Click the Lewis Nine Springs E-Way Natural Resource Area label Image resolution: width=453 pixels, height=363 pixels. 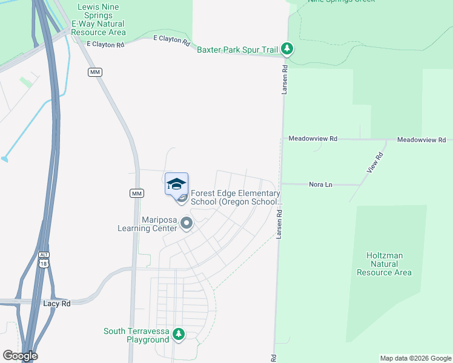[99, 19]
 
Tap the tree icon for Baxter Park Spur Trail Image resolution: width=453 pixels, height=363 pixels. [288, 49]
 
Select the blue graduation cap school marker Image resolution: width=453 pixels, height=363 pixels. [176, 185]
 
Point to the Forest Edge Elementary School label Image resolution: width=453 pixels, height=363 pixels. [236, 197]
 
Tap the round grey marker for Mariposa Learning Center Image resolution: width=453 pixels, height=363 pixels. [187, 224]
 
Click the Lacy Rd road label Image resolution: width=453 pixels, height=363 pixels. [58, 303]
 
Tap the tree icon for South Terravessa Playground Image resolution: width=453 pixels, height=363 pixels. [178, 334]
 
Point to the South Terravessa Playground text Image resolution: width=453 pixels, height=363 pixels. [136, 335]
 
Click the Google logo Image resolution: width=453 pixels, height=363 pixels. [20, 356]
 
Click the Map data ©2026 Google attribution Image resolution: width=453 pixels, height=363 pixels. [415, 358]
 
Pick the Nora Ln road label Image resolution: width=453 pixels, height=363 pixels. [320, 184]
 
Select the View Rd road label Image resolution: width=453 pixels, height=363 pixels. [375, 163]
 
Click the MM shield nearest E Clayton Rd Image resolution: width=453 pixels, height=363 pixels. [94, 72]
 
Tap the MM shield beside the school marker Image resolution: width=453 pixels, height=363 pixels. [136, 193]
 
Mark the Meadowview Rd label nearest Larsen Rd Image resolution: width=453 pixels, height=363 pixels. [312, 139]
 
